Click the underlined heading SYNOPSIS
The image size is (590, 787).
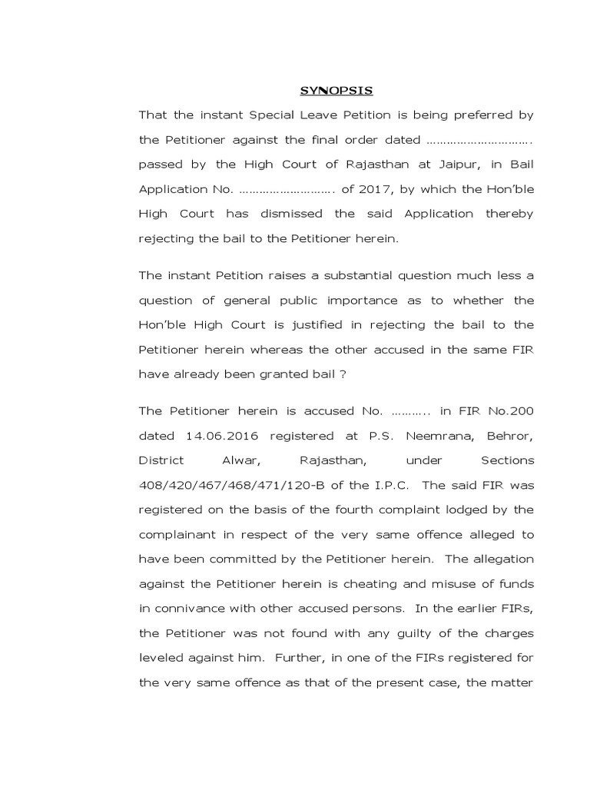336,91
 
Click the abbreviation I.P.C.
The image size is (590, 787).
390,485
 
